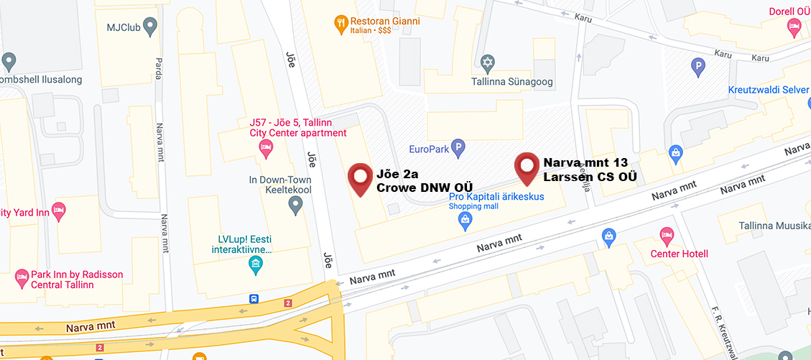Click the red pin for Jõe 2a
pos(360,177)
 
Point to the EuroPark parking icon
pos(457,149)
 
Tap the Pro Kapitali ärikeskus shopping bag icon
pos(465,221)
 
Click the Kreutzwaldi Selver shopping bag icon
pos(675,152)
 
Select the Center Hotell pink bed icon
pos(666,236)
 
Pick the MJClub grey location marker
pos(150,28)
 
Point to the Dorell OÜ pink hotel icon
pos(794,28)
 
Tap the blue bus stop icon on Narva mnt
pos(254,298)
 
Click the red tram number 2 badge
pos(288,303)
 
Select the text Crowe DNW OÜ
pos(414,188)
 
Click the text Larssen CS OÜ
pos(589,177)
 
